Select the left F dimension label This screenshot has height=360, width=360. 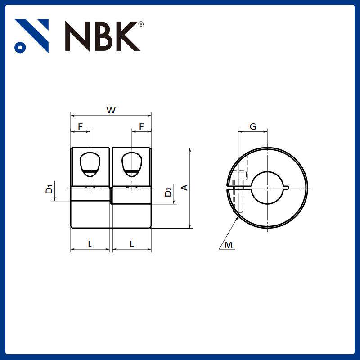coord(80,127)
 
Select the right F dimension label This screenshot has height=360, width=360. coord(141,127)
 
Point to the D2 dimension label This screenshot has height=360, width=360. coord(168,192)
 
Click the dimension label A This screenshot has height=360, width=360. coord(184,187)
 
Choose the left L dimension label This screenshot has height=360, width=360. coord(90,244)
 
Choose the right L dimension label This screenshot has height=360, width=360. coord(131,244)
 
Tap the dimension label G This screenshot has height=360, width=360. coord(253,127)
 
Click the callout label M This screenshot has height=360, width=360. coord(229,245)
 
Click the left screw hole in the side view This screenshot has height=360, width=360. coord(90,164)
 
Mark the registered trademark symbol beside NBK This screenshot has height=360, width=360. coord(141,24)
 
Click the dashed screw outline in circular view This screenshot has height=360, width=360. coord(239,191)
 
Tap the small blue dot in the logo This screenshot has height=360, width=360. coord(19,47)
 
